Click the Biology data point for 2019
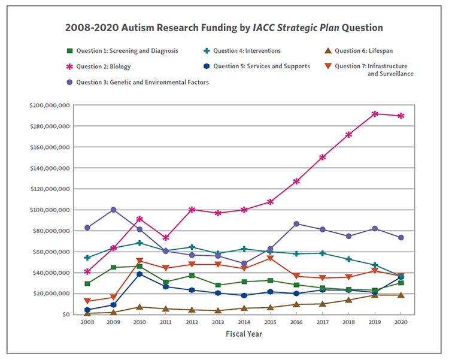375,114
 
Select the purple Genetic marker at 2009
113,210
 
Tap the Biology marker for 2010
139,219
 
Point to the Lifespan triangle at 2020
401,295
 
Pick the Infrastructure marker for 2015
270,258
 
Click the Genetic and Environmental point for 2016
297,224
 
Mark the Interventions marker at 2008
87,258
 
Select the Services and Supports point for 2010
139,274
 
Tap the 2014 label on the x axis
244,322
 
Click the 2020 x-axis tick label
401,322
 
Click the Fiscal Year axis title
244,334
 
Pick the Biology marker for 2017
323,157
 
